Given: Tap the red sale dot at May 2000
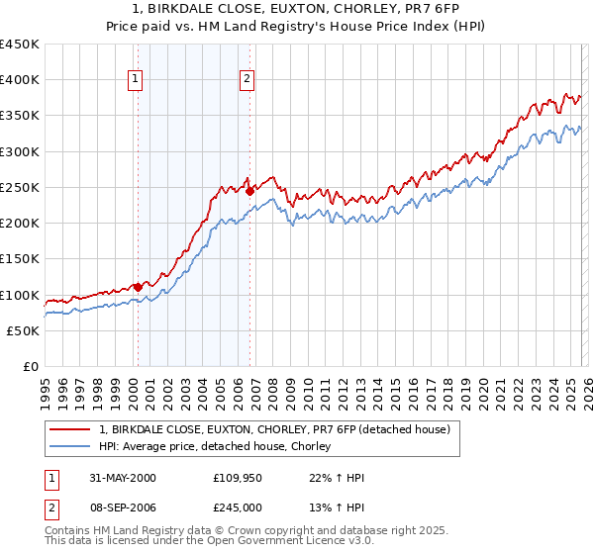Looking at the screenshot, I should pyautogui.click(x=138, y=287).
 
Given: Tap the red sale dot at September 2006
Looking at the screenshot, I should pyautogui.click(x=249, y=190).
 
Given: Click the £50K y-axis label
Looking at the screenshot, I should pyautogui.click(x=24, y=330).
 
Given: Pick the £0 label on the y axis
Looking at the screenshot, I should pyautogui.click(x=32, y=366).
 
